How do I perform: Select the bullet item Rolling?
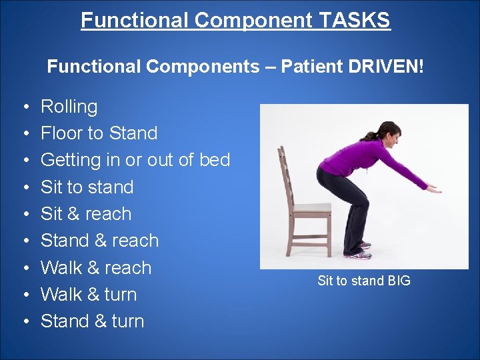(69, 107)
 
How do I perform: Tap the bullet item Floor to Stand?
(99, 133)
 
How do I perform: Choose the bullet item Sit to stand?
(87, 187)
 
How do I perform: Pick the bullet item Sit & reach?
(86, 214)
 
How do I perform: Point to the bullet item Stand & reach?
(99, 241)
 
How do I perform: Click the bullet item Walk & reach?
(96, 268)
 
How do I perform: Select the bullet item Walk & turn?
(88, 295)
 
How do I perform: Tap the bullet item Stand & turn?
(92, 321)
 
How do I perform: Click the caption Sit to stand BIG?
(364, 281)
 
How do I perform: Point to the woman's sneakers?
(359, 250)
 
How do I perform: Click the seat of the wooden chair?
(311, 209)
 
